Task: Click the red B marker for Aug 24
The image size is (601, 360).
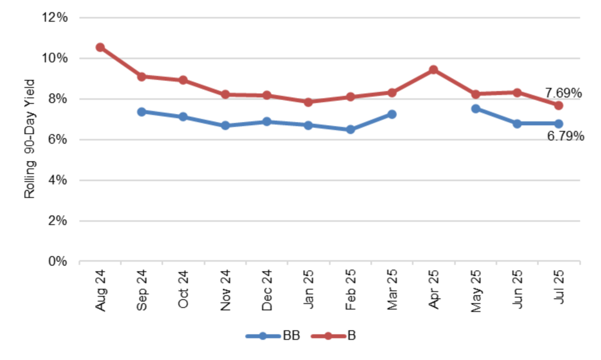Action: point(100,48)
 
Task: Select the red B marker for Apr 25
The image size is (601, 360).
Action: point(434,70)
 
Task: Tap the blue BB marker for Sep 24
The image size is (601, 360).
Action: point(141,112)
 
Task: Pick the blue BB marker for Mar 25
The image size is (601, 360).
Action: point(391,114)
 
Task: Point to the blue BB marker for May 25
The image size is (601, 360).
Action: point(475,109)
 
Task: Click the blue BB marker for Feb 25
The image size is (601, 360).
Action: point(350,129)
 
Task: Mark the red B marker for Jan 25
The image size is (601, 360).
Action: point(309,102)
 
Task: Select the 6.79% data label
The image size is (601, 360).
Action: point(565,136)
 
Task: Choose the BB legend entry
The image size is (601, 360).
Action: point(272,336)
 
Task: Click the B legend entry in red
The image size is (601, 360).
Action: point(336,336)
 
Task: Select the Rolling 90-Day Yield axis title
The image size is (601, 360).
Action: point(30,139)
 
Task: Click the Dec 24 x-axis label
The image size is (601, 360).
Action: point(267,291)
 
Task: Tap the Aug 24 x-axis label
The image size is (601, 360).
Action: point(100,291)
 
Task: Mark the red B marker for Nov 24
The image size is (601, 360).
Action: point(225,95)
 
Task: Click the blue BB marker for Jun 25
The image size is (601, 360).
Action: point(517,123)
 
